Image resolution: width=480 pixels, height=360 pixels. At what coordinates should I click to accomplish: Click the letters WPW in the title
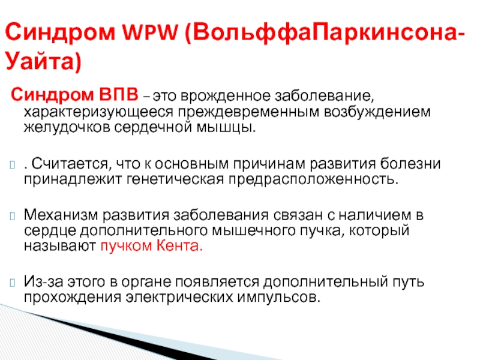click(150, 32)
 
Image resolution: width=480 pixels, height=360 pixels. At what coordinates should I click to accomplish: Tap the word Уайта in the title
click(40, 61)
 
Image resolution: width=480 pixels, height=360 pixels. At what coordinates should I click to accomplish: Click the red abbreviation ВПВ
click(118, 94)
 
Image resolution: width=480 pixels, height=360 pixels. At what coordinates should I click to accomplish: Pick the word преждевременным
click(249, 112)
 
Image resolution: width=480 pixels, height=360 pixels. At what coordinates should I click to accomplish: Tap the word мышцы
click(226, 127)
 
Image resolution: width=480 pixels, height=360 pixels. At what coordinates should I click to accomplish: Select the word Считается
click(70, 164)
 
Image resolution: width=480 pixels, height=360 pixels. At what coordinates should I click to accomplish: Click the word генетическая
click(175, 179)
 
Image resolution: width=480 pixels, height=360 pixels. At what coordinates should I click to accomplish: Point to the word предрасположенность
click(313, 179)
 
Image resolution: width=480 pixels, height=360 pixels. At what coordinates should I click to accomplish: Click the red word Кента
click(179, 245)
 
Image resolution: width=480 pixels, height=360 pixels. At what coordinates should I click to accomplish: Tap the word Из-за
click(43, 281)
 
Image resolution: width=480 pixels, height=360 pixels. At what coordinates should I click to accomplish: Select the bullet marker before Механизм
click(13, 216)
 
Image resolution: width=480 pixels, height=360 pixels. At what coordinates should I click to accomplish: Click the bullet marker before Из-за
click(13, 282)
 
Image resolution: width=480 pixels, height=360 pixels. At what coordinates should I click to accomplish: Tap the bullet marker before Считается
click(13, 164)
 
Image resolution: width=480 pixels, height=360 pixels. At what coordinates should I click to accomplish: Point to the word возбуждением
click(377, 112)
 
